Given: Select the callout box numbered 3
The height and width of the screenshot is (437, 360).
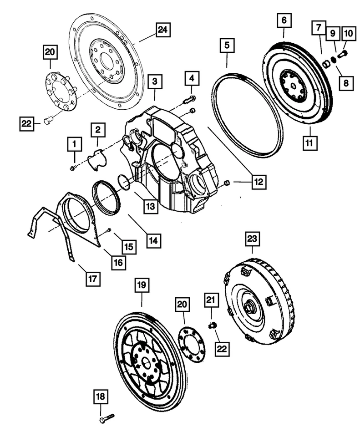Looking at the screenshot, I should pyautogui.click(x=155, y=82).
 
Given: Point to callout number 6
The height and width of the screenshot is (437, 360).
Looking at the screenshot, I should pyautogui.click(x=283, y=20).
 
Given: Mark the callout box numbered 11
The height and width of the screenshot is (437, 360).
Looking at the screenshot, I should pyautogui.click(x=310, y=142).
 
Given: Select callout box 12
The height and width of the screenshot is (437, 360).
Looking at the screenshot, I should pyautogui.click(x=258, y=183).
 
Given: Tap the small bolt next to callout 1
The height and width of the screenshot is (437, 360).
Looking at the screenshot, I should pyautogui.click(x=72, y=168).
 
